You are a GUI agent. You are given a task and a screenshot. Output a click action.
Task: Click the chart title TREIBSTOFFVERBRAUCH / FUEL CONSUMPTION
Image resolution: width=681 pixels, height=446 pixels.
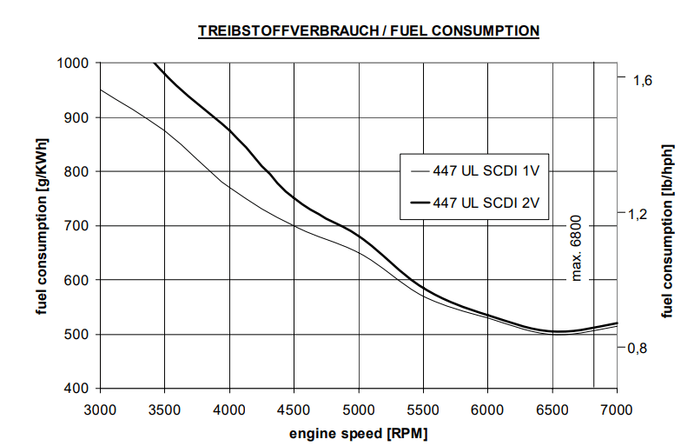click(369, 31)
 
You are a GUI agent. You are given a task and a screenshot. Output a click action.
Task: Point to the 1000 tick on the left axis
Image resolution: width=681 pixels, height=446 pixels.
click(73, 63)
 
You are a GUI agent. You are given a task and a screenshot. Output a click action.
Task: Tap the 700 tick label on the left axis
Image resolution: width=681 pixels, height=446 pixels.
click(77, 226)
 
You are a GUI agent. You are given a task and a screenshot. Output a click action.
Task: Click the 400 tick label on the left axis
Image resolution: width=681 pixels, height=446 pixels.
click(77, 388)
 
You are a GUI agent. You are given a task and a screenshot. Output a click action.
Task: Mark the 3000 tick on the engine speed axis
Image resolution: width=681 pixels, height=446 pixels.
click(101, 408)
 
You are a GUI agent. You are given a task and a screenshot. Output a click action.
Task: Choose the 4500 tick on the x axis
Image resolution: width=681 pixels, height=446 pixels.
click(294, 408)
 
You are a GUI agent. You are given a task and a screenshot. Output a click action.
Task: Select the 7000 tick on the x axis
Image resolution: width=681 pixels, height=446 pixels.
click(616, 408)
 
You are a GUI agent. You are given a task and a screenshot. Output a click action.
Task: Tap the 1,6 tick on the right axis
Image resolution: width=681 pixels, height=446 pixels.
click(641, 79)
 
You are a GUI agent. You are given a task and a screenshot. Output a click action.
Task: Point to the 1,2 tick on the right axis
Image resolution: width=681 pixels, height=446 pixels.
click(641, 214)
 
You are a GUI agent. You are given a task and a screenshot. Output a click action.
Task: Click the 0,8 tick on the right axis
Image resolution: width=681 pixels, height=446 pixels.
click(641, 349)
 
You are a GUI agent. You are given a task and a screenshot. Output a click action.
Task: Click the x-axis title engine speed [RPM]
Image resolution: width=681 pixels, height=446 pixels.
click(359, 432)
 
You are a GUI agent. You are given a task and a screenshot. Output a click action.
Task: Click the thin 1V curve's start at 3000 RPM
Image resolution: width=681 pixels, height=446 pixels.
click(101, 90)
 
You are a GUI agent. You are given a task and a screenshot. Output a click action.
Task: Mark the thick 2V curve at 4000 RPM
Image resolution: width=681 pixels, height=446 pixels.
click(229, 130)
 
